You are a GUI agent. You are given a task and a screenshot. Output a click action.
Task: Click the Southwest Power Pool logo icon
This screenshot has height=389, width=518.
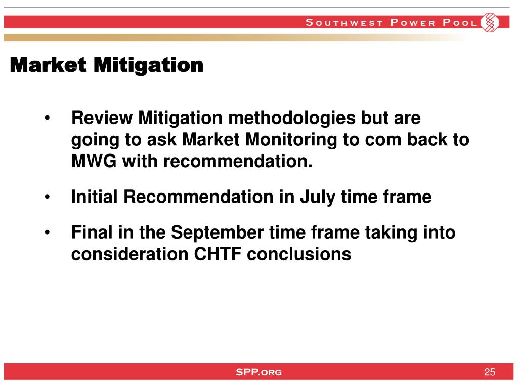coord(490,22)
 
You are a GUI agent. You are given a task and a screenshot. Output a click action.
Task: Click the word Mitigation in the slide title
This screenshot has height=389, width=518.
coord(148,66)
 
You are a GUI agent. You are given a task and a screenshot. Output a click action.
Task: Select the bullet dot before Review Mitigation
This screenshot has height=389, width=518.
coord(47,118)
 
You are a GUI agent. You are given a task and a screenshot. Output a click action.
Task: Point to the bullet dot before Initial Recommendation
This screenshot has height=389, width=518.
coord(47,197)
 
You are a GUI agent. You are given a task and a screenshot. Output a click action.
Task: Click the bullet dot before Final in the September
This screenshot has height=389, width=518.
coord(47,232)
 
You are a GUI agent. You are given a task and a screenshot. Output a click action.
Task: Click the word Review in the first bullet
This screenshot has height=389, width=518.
coord(102,118)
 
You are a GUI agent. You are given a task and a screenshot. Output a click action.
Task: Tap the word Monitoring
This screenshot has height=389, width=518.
coord(291,140)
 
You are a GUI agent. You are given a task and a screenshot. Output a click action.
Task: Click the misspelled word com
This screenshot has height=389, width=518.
coord(383,140)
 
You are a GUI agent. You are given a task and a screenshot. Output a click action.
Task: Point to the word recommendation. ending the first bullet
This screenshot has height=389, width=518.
coord(238,162)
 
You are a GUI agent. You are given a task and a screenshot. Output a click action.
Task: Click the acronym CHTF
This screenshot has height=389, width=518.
coord(218,254)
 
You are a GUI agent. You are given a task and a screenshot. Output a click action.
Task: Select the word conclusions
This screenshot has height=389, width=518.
coord(299,254)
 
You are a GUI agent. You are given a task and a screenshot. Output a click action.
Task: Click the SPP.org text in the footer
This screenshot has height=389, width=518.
coord(258,372)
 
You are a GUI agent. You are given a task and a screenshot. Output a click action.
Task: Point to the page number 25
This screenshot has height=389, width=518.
coord(490,372)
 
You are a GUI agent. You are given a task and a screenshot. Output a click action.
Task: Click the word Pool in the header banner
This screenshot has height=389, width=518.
coord(459,22)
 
